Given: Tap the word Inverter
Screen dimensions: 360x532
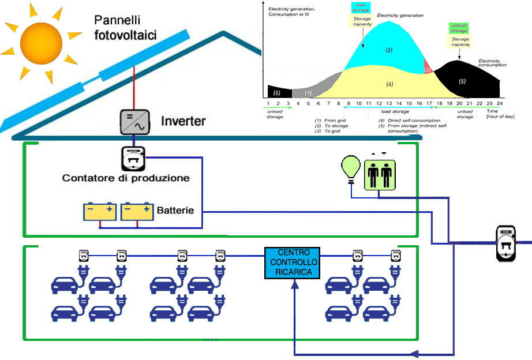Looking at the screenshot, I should (x=183, y=121).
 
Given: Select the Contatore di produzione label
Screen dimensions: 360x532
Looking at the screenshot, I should (x=126, y=178).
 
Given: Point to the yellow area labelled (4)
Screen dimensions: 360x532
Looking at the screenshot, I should (x=389, y=84).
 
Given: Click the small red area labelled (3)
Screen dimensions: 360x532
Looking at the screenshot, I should (x=428, y=69).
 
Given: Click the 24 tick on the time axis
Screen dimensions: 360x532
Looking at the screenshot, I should (x=500, y=103).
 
